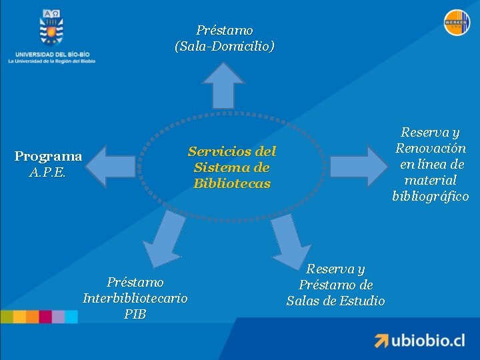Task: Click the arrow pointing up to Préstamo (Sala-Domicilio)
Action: click(223, 85)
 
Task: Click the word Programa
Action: click(48, 157)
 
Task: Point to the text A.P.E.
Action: click(48, 173)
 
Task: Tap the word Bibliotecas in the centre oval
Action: click(232, 183)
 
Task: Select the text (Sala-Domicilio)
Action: click(224, 47)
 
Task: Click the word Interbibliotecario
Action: click(135, 298)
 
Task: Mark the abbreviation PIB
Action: click(135, 314)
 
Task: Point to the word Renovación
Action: click(431, 148)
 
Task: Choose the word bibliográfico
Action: click(431, 196)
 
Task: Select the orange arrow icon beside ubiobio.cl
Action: click(381, 341)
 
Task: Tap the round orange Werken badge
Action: click(457, 23)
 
